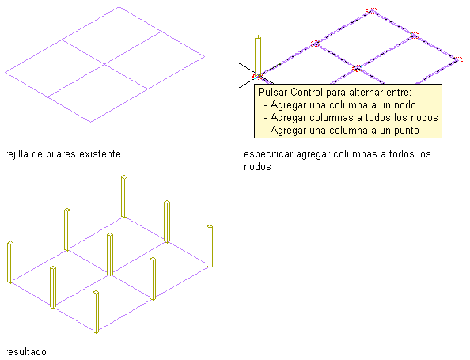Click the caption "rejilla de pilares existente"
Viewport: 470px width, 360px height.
click(x=63, y=154)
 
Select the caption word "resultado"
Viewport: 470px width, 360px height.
click(x=26, y=351)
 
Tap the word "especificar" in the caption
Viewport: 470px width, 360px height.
click(x=268, y=154)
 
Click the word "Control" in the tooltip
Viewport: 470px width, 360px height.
click(x=307, y=92)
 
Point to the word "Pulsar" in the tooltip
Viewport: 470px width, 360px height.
click(x=272, y=92)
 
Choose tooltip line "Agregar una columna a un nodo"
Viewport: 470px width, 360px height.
click(x=343, y=105)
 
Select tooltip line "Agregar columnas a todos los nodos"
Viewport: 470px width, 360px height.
click(x=354, y=118)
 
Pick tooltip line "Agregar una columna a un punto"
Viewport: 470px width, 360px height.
click(x=344, y=131)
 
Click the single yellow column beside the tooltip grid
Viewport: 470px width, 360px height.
click(x=258, y=55)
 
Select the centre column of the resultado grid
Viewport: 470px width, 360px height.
click(x=110, y=254)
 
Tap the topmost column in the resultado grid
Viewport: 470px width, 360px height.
click(x=124, y=196)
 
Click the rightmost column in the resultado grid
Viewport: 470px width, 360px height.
click(x=210, y=246)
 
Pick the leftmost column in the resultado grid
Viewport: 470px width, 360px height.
click(x=10, y=262)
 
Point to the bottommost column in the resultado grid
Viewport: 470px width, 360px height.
click(x=96, y=312)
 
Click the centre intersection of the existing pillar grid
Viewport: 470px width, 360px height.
click(x=105, y=64)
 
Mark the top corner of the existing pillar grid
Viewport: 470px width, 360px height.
click(x=119, y=6)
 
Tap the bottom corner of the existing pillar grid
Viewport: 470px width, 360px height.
click(x=91, y=122)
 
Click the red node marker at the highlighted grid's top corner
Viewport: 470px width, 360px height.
click(x=372, y=11)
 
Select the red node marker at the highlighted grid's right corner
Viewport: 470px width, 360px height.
click(x=457, y=60)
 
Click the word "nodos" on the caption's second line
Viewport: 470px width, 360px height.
click(x=257, y=167)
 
